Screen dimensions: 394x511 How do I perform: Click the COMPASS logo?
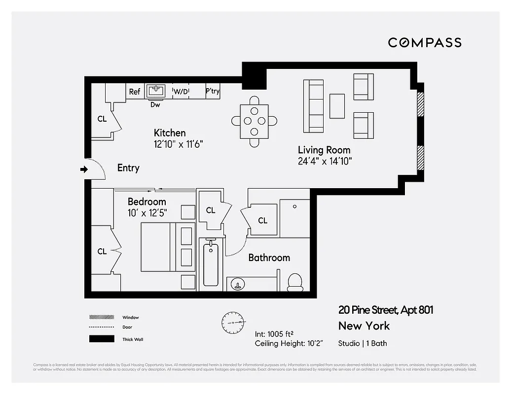[425, 43]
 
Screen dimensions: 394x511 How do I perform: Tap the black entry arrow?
[84, 169]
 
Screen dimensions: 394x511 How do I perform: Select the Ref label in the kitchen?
[135, 92]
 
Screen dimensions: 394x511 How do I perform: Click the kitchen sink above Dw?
[157, 91]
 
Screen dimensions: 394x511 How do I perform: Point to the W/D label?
[180, 92]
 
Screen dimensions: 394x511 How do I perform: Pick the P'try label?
[213, 92]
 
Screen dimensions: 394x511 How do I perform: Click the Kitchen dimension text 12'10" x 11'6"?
[179, 144]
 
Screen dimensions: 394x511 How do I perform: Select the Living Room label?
[324, 150]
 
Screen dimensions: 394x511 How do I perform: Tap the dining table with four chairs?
[254, 121]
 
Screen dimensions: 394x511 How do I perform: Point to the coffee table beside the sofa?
[337, 106]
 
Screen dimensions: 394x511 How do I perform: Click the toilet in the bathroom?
[295, 281]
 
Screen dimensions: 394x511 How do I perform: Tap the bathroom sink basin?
[238, 284]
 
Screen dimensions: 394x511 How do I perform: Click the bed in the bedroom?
[157, 247]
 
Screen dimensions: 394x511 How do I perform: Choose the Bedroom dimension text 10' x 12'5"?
[147, 213]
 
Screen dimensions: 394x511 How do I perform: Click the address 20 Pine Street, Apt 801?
[386, 310]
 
